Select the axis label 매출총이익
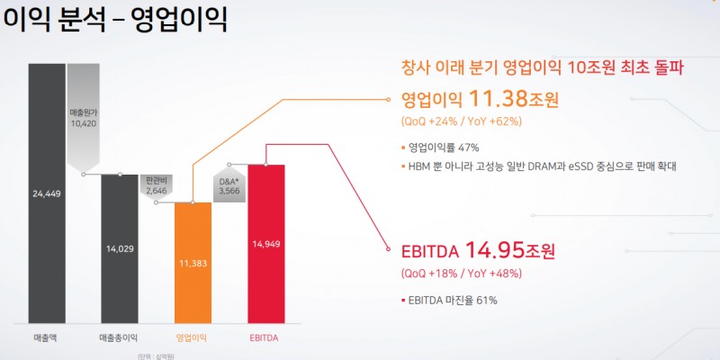click(x=119, y=337)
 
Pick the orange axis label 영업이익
click(x=193, y=337)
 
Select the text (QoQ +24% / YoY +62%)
click(x=461, y=121)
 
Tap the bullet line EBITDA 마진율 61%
click(x=450, y=300)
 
